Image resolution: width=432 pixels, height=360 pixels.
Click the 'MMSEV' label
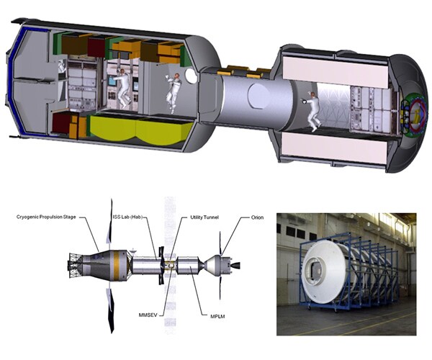(149, 315)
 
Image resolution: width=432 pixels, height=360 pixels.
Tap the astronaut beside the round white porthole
(173, 91)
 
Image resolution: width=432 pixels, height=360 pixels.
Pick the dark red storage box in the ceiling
(96, 47)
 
